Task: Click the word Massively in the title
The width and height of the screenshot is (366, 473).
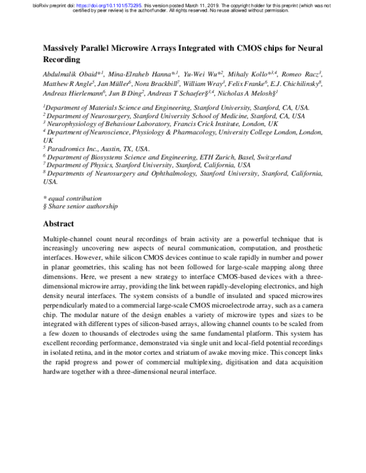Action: coord(66,48)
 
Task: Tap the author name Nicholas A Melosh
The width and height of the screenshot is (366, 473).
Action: coord(248,94)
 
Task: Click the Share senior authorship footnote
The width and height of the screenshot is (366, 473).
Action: coord(78,207)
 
